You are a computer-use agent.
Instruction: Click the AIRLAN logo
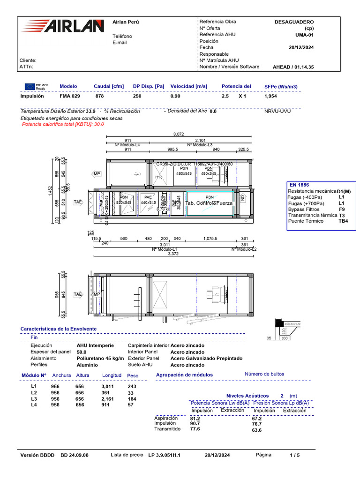click(64, 26)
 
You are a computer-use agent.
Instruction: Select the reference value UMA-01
click(304, 35)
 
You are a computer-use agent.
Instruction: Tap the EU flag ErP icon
click(30, 86)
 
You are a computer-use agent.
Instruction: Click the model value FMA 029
click(70, 96)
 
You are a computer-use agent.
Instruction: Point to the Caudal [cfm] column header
click(109, 86)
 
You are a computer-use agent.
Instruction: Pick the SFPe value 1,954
click(271, 96)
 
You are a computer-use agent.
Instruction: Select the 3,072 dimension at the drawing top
click(179, 134)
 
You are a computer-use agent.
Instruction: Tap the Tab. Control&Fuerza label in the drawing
click(210, 203)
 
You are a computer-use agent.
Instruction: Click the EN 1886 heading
click(299, 185)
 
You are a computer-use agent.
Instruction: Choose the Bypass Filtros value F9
click(342, 209)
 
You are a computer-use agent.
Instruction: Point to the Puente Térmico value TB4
click(344, 221)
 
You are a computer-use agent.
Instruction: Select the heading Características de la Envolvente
click(58, 329)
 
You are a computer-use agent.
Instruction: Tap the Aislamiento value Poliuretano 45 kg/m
click(100, 358)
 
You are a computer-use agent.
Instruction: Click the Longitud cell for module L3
click(108, 399)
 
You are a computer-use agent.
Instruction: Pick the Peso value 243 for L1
click(132, 386)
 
